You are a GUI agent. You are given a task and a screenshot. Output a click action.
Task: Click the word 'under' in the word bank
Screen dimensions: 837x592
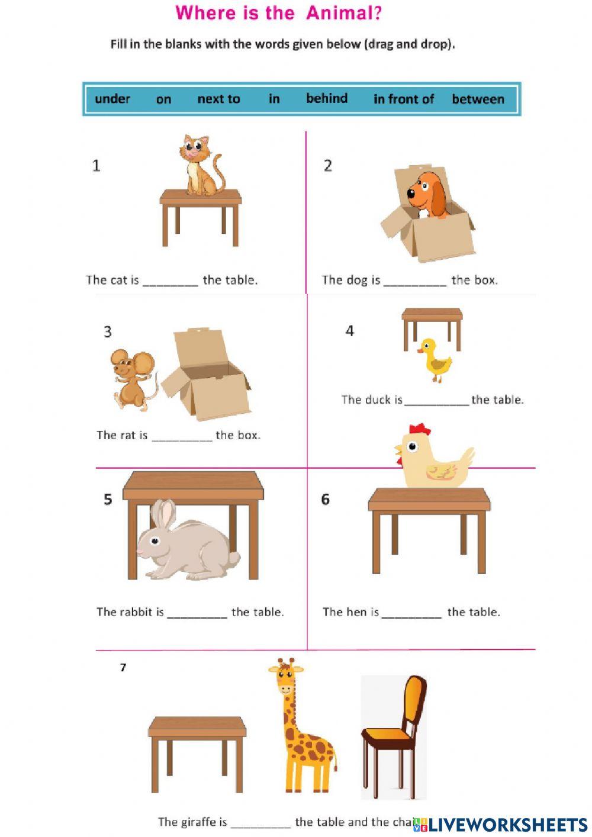112,99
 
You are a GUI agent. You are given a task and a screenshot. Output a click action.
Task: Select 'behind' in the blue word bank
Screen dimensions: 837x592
327,98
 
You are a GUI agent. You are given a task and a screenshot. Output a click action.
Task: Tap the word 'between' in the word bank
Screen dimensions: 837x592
478,99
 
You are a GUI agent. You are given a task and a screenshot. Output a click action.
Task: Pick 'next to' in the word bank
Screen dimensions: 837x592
218,99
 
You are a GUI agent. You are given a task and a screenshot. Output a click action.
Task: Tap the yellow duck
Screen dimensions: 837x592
435,360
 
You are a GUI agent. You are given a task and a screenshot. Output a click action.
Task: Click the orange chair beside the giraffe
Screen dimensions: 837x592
394,734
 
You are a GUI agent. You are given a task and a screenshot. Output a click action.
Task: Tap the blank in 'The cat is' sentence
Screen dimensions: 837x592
170,281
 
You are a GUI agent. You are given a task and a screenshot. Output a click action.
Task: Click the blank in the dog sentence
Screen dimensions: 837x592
415,281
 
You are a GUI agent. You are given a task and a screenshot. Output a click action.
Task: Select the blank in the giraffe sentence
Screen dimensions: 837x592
260,823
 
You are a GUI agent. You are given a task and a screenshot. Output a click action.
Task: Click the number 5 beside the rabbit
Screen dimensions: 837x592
108,500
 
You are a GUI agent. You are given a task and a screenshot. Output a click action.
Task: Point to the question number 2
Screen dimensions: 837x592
328,166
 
